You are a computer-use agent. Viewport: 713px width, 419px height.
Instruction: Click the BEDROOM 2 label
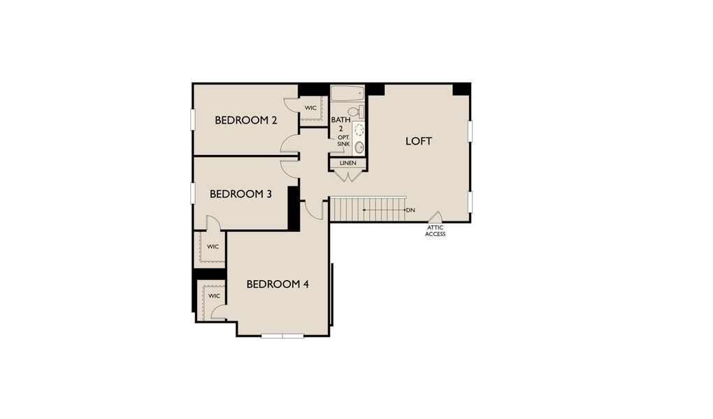[246, 120]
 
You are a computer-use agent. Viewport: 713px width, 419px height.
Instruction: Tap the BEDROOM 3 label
[240, 194]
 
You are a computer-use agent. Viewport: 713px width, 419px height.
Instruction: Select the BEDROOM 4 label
[278, 284]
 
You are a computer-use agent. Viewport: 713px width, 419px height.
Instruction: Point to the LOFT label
[419, 141]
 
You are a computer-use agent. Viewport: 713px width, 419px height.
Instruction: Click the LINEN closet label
[347, 163]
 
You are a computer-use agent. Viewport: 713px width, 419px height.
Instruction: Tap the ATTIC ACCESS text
[435, 230]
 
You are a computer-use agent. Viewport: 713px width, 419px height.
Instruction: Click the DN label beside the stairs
[410, 209]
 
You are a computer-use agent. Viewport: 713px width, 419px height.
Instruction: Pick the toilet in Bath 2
[354, 112]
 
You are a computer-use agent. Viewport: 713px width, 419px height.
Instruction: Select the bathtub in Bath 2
[347, 94]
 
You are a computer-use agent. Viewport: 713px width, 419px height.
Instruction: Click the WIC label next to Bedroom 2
[310, 108]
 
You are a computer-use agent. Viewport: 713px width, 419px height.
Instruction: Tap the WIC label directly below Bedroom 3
[213, 247]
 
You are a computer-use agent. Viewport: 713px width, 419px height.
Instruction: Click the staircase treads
[368, 209]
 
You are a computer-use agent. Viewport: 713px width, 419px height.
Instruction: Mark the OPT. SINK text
[343, 140]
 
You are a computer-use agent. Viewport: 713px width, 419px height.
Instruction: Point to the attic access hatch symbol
[435, 217]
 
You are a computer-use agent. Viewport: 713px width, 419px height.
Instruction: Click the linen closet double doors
[347, 175]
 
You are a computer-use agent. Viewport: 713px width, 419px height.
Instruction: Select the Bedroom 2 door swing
[289, 144]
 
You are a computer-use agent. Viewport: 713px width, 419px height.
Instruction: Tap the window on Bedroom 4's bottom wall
[282, 336]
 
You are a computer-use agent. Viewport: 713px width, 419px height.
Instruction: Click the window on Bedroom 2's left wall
[193, 119]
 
